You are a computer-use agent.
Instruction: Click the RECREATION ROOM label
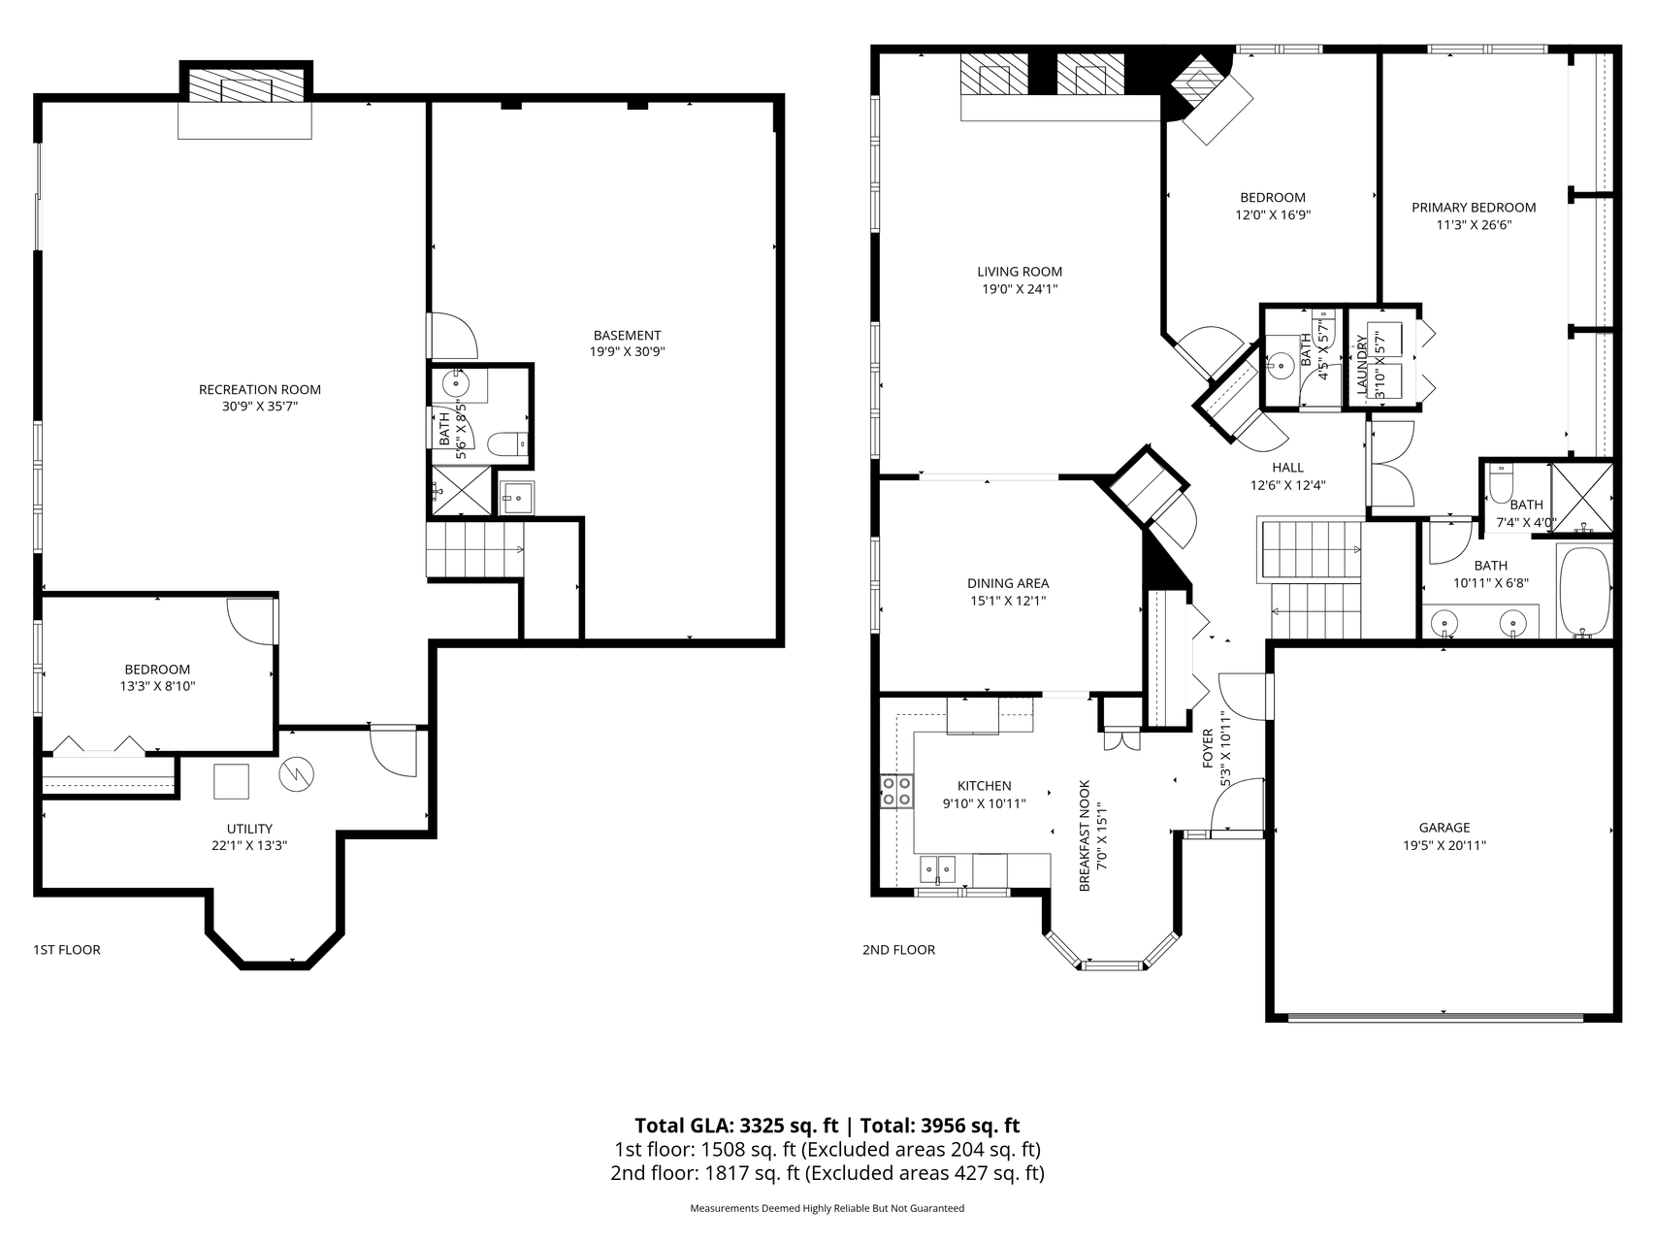(259, 390)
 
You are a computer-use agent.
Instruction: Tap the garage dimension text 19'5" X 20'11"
(1444, 845)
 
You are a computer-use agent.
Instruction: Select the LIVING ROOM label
(1020, 272)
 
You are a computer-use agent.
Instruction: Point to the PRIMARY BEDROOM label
(1474, 208)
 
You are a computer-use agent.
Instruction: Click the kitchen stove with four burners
(896, 791)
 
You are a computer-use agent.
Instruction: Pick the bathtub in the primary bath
(1585, 591)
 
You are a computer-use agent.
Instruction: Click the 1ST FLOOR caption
(67, 950)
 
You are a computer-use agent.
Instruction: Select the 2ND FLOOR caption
(898, 950)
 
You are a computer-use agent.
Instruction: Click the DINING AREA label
(1008, 583)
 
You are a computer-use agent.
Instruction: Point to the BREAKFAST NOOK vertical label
(1085, 835)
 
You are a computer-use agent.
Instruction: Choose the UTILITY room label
(249, 829)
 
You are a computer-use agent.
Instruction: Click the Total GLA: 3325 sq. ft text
(736, 1126)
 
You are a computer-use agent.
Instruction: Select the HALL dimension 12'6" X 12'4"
(1287, 485)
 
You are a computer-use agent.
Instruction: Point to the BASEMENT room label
(628, 336)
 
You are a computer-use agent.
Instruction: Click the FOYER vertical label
(1208, 748)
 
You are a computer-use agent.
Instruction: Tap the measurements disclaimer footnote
(827, 1209)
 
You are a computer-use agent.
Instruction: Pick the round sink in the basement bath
(456, 383)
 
